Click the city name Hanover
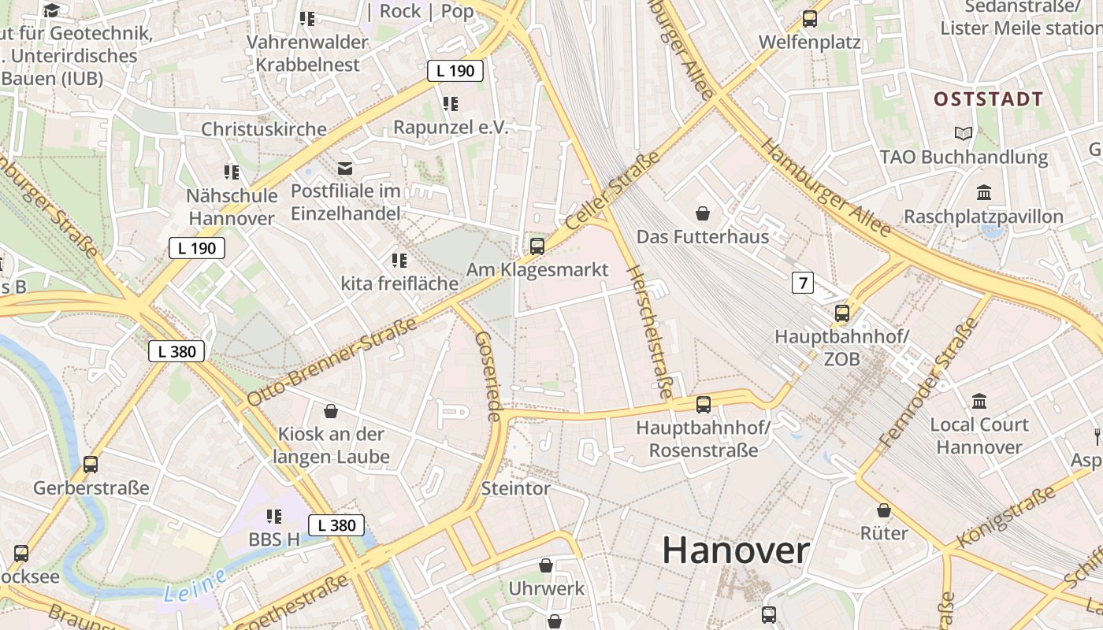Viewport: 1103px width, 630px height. pyautogui.click(x=735, y=550)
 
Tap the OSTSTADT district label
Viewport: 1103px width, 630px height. pyautogui.click(x=988, y=99)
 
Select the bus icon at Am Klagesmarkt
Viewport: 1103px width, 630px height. pyautogui.click(x=537, y=246)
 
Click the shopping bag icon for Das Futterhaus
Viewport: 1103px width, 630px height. pyautogui.click(x=703, y=213)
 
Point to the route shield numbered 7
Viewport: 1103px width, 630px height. pyautogui.click(x=802, y=283)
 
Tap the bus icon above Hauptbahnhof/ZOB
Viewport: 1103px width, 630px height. pyautogui.click(x=842, y=313)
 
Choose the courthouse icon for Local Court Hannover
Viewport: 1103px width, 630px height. pyautogui.click(x=979, y=402)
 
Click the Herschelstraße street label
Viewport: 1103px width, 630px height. pyautogui.click(x=649, y=331)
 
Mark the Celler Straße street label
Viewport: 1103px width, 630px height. pyautogui.click(x=612, y=191)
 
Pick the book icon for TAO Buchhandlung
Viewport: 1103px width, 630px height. pyautogui.click(x=963, y=133)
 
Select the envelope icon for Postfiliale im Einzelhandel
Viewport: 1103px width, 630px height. pyautogui.click(x=345, y=168)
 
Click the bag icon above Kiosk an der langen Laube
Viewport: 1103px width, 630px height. pyautogui.click(x=331, y=411)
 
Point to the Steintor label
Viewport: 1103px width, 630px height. pyautogui.click(x=516, y=488)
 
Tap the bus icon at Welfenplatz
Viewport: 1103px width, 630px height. pyautogui.click(x=809, y=19)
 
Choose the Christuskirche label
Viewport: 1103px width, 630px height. pyautogui.click(x=264, y=129)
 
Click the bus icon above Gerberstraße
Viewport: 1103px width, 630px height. pyautogui.click(x=91, y=465)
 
